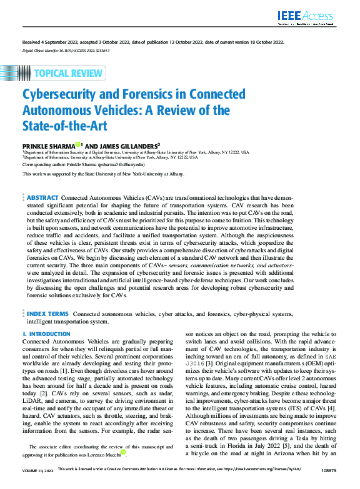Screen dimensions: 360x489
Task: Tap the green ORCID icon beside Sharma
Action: pyautogui.click(x=78, y=144)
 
